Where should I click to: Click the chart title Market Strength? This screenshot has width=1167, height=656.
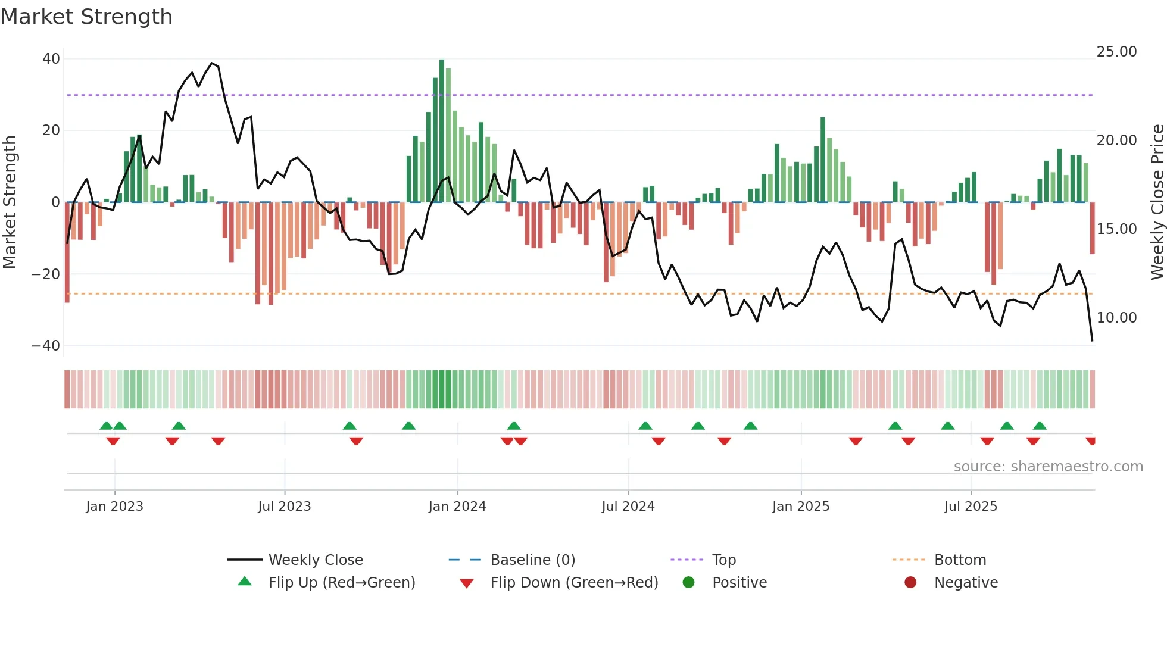tap(86, 17)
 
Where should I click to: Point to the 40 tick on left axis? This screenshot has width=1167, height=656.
tap(51, 59)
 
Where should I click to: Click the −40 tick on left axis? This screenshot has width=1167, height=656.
tap(46, 346)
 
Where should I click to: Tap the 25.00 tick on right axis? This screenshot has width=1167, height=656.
tap(1116, 52)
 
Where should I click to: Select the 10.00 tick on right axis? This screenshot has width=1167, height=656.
tap(1116, 318)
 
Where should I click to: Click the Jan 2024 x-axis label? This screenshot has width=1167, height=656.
tap(457, 507)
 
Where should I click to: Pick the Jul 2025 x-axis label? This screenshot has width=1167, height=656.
tap(970, 507)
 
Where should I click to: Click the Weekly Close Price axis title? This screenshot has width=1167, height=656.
tap(1157, 202)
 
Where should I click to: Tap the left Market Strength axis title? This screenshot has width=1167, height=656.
tap(10, 202)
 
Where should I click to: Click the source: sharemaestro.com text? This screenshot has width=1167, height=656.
tap(1048, 467)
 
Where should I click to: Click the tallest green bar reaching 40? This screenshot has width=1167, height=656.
tap(442, 131)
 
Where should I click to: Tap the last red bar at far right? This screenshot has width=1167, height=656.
tap(1093, 229)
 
